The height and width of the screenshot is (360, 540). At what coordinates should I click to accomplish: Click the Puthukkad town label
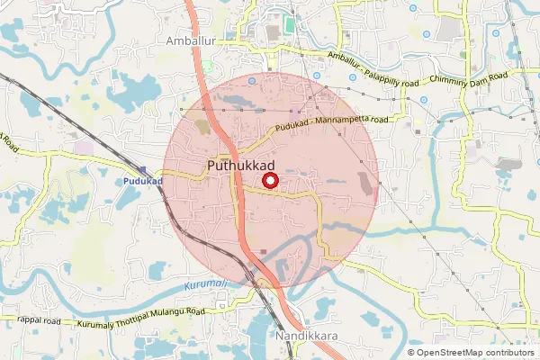(x=240, y=166)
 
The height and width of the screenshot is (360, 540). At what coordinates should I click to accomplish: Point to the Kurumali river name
(x=202, y=284)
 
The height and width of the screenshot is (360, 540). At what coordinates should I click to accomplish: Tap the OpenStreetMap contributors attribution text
(x=477, y=353)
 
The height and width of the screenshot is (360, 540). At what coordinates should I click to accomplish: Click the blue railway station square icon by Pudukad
(x=143, y=169)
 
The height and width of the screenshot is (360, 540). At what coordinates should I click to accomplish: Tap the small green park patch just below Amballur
(x=208, y=67)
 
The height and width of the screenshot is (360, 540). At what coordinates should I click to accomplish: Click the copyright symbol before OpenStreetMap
(x=411, y=353)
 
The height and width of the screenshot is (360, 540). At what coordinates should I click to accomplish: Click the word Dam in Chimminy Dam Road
(x=477, y=79)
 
